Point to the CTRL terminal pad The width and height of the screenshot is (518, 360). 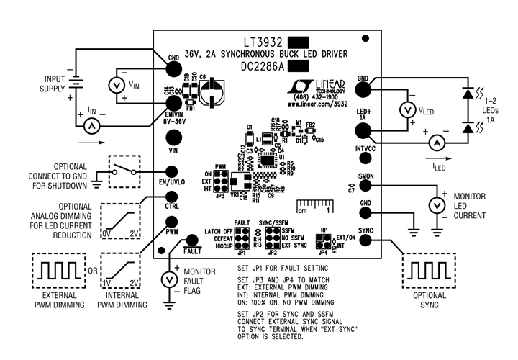pos(172,197)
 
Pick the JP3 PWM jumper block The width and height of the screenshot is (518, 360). pos(222,184)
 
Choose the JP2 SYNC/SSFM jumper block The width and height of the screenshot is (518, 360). pos(268,238)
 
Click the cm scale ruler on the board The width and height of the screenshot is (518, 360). pos(314,206)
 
